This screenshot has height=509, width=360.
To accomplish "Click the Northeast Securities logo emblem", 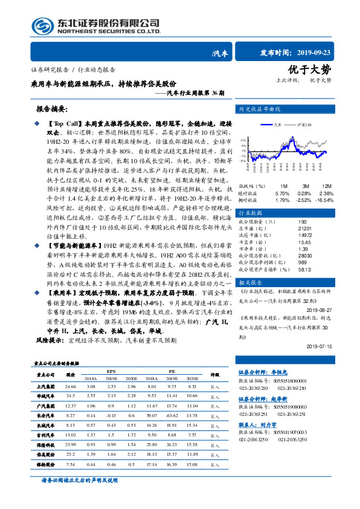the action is [x=43, y=25].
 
